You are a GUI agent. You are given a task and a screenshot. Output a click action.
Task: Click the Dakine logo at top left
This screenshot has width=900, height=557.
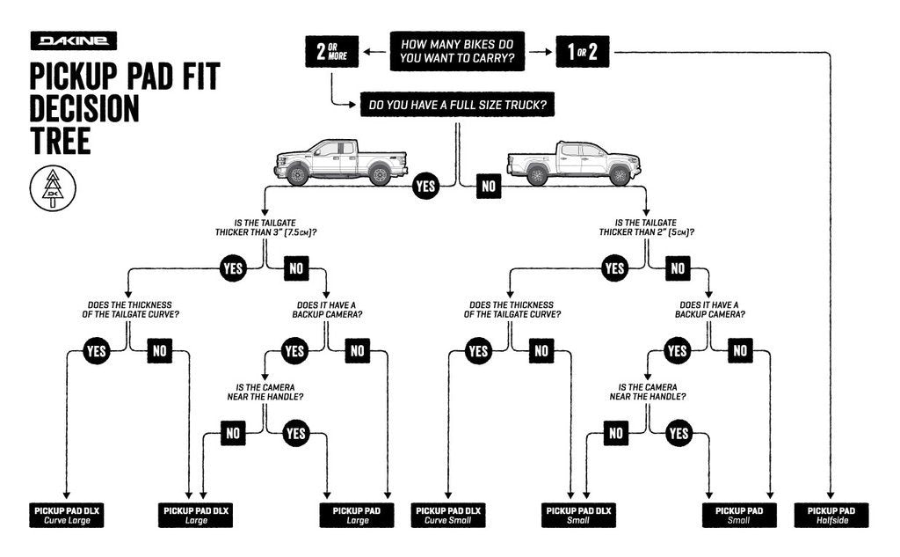coord(73,41)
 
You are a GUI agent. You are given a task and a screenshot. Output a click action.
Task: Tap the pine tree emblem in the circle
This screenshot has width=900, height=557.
coord(54,187)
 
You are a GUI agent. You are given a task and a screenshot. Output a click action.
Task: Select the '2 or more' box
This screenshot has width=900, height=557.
coord(330,52)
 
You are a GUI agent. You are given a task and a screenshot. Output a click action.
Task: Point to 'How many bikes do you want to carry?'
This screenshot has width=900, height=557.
coord(457,52)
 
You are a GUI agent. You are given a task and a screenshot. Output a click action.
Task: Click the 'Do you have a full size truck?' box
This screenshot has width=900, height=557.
coord(457,106)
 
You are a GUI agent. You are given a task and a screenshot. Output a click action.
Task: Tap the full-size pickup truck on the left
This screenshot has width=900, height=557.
coord(341,162)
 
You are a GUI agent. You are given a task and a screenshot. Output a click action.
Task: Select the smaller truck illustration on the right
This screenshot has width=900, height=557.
coord(573,163)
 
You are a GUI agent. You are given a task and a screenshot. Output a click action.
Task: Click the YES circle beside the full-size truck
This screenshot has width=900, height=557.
coord(425,186)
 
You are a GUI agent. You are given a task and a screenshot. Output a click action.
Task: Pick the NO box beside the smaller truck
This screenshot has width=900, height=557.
coord(489,186)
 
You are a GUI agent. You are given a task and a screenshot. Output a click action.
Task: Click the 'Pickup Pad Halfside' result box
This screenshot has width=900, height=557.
coord(831,515)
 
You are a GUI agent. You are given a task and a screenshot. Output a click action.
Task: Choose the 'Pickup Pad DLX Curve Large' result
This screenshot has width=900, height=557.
coord(67,515)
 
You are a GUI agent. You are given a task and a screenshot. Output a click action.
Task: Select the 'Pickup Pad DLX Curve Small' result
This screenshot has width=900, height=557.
coord(448,515)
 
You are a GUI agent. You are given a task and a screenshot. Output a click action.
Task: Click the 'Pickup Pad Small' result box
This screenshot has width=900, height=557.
coord(738,515)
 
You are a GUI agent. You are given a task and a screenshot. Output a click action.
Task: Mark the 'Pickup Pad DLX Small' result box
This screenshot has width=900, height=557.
coord(577,515)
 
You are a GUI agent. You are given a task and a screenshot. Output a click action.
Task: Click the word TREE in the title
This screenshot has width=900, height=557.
coord(61,140)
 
